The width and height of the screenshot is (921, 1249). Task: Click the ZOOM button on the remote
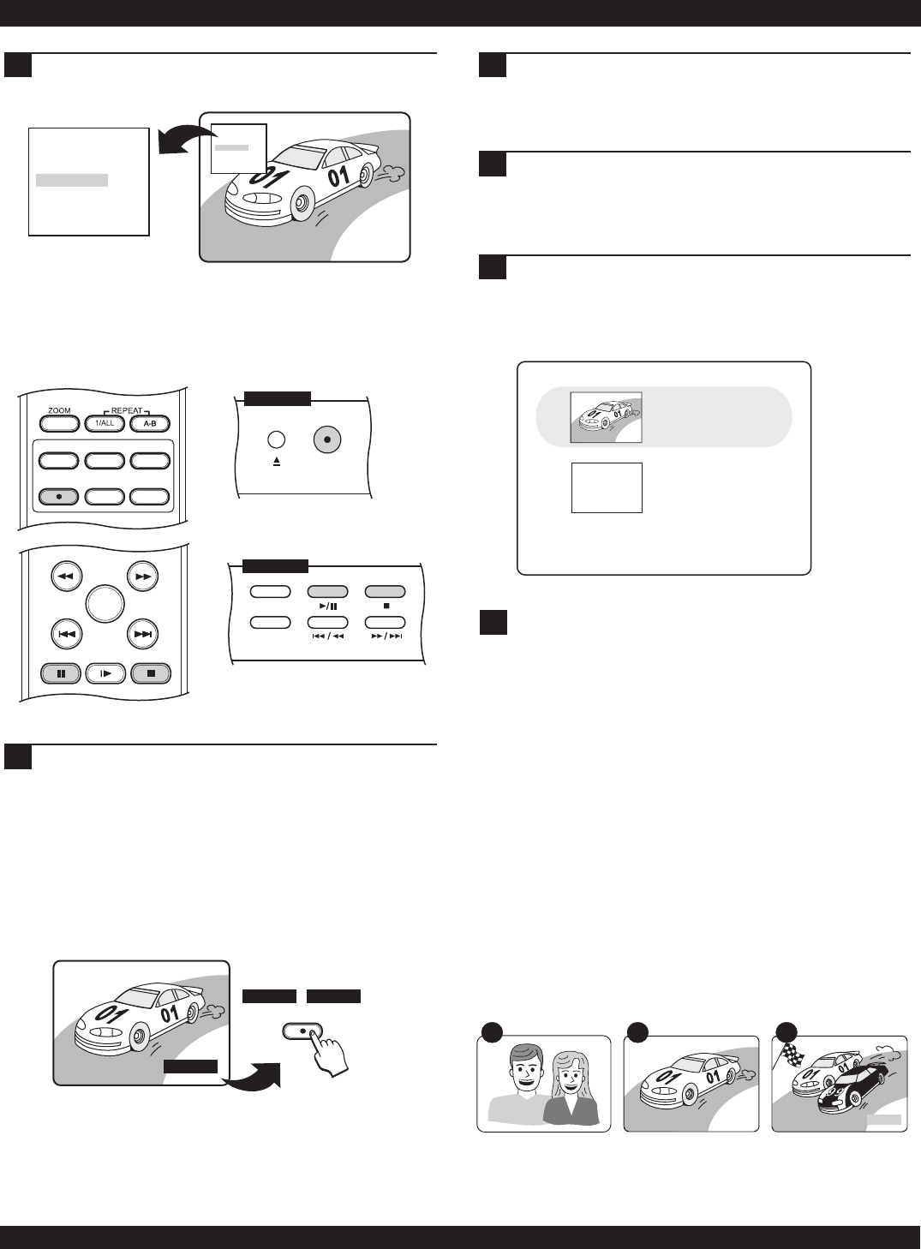coord(59,422)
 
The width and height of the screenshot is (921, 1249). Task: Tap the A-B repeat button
coord(149,422)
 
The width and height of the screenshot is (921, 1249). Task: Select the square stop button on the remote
coord(151,673)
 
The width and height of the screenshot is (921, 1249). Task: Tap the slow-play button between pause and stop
coord(105,673)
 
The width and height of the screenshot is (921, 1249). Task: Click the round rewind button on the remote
coord(66,577)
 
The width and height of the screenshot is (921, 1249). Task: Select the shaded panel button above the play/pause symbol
coord(328,592)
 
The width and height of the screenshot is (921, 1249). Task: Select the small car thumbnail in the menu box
coord(607,417)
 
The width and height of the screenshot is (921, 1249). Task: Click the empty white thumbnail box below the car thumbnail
coord(607,487)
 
